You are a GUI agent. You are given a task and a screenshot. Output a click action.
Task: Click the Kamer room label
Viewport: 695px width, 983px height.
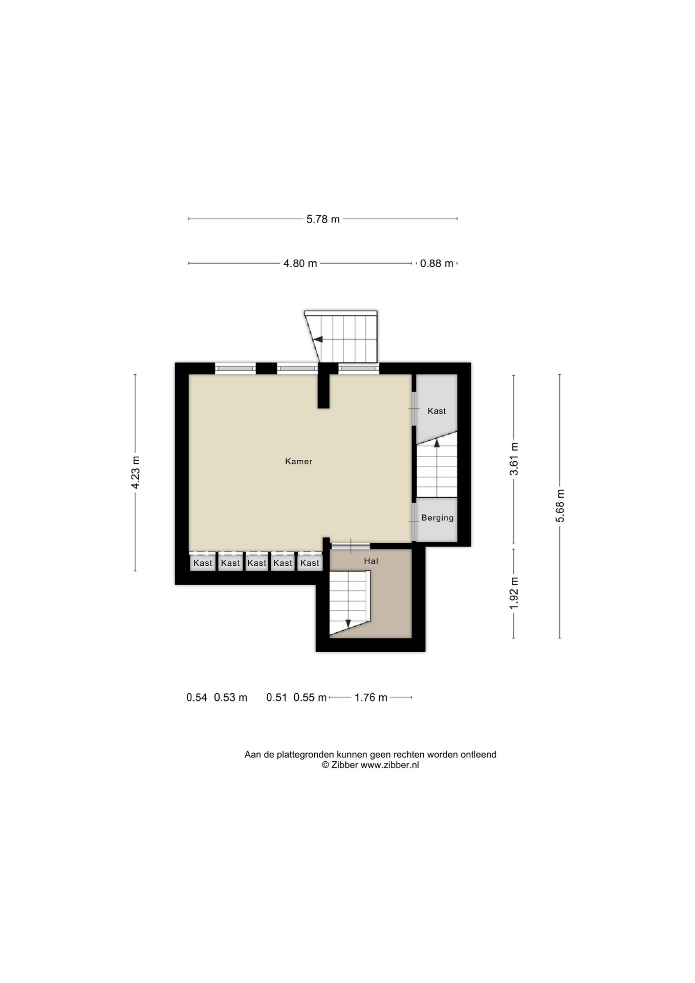[298, 461]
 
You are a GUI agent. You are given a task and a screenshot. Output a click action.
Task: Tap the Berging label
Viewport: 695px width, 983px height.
[437, 518]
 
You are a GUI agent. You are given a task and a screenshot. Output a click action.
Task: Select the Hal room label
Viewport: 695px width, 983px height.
[371, 561]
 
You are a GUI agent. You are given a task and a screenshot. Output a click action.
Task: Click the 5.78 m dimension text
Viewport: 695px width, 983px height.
[323, 219]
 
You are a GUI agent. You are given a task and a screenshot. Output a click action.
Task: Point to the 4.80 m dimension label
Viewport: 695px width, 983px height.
[300, 263]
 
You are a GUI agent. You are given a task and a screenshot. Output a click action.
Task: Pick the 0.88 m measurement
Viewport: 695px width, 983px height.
[437, 263]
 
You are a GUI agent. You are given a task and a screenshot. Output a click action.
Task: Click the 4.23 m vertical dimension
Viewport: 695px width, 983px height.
[135, 472]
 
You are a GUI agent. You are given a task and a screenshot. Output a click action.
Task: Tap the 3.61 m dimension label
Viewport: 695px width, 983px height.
[514, 459]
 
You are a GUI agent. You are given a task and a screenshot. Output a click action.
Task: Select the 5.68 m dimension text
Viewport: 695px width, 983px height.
[560, 506]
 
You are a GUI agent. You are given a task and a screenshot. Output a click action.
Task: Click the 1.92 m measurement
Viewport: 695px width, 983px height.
[514, 593]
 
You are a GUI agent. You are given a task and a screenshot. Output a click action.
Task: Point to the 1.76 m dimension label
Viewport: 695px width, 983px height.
[371, 697]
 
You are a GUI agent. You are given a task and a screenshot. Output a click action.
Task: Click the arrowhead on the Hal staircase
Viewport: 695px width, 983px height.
[348, 624]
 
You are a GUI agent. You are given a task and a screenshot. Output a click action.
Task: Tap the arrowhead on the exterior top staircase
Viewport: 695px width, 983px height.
[318, 339]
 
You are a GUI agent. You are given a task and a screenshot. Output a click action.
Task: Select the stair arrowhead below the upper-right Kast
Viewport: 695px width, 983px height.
[437, 443]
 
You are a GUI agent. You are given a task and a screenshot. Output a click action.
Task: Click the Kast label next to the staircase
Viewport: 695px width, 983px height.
[437, 411]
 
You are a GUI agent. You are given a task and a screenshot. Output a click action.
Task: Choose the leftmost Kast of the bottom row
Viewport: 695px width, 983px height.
[203, 563]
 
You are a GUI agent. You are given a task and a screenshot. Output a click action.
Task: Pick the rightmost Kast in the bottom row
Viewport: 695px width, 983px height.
[310, 563]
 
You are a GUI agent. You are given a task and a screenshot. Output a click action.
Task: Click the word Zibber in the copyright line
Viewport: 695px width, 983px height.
[345, 765]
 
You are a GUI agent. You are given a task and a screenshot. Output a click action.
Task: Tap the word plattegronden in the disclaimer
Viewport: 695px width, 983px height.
[305, 755]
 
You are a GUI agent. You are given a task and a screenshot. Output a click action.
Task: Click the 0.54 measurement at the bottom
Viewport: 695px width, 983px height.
[197, 697]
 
